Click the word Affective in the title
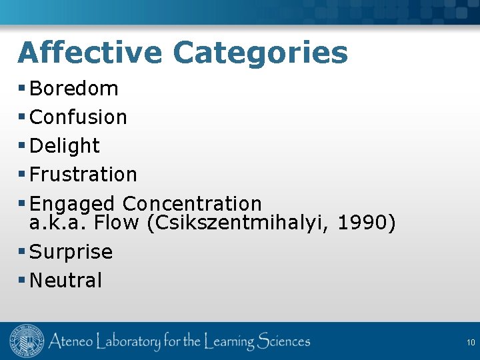tap(89, 52)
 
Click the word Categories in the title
tap(260, 52)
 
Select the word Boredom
tap(74, 88)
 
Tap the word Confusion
tap(79, 117)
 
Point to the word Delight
tap(65, 145)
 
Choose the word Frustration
tap(83, 174)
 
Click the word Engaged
tap(73, 203)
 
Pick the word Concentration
tap(192, 203)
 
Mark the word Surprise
tap(71, 251)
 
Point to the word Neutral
tap(66, 280)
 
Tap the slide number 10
tap(471, 342)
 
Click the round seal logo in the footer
tap(26, 342)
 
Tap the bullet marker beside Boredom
tap(22, 88)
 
